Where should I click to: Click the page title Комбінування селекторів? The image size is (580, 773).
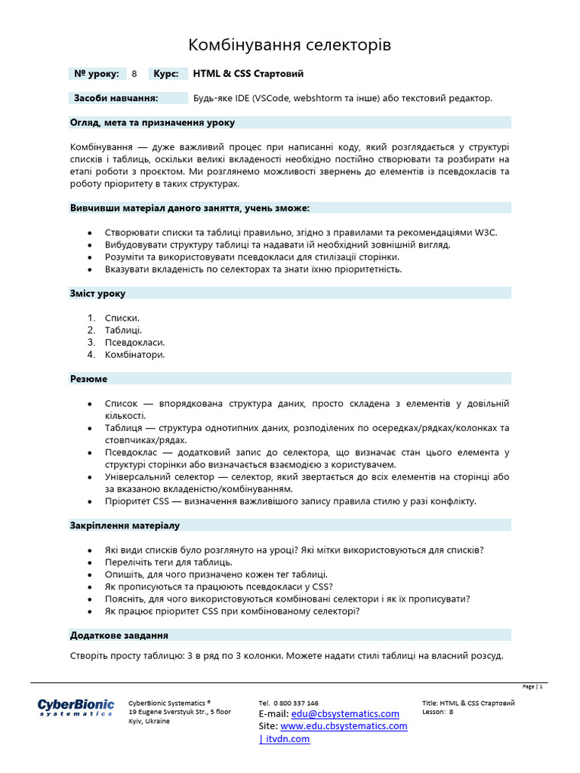point(289,46)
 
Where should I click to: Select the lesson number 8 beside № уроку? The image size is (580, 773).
point(134,74)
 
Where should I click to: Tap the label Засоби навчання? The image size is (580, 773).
point(116,98)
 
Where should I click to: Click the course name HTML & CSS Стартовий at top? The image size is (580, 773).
point(248,74)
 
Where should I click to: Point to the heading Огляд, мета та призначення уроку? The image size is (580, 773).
point(152,122)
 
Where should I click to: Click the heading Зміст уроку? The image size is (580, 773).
point(98,293)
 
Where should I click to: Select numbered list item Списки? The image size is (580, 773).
point(122,318)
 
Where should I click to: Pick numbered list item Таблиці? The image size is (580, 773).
point(123,330)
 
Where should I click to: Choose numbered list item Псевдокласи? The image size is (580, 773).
point(134,342)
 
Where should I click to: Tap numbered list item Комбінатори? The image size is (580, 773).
point(134,354)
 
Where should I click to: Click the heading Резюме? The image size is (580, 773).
point(88,379)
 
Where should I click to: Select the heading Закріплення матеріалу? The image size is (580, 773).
point(125,525)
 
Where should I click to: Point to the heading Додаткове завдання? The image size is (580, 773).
point(119,636)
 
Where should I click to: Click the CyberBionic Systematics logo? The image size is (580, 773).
point(76,707)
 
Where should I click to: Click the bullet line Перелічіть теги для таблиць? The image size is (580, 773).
point(168,562)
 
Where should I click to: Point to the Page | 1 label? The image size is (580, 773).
point(532,687)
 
